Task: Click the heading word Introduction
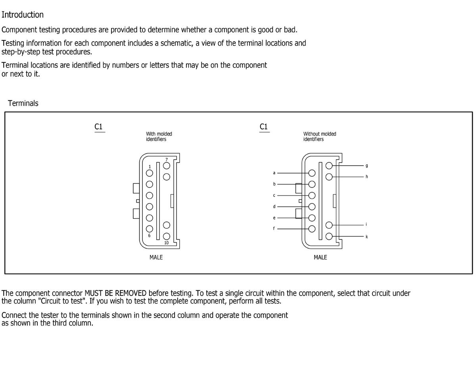click(x=23, y=15)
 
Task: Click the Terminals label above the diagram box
click(x=23, y=103)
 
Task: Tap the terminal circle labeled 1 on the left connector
click(x=150, y=173)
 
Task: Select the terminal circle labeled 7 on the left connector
click(x=167, y=166)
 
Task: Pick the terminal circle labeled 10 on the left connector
click(x=167, y=236)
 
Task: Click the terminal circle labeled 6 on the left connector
click(x=150, y=229)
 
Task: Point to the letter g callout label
click(x=367, y=165)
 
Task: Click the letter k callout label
click(x=367, y=237)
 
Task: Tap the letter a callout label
click(x=274, y=173)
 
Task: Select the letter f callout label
click(x=274, y=229)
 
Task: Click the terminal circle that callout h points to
click(x=329, y=176)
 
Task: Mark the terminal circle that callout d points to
click(x=312, y=206)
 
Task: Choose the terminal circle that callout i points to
click(x=329, y=225)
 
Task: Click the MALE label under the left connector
click(x=156, y=257)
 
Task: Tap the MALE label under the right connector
click(x=321, y=257)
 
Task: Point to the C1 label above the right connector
click(x=264, y=127)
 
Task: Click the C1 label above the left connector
click(x=99, y=127)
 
